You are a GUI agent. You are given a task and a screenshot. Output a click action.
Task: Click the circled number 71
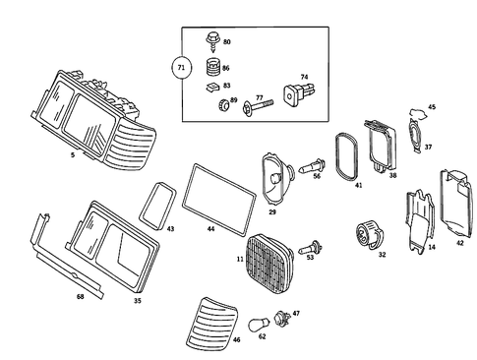click(181, 68)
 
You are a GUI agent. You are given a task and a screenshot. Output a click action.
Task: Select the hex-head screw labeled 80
click(212, 41)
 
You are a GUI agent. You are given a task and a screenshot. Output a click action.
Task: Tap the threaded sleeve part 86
click(213, 68)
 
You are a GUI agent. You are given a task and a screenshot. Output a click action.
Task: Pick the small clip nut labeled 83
click(213, 87)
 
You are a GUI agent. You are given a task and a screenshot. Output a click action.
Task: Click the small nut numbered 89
click(223, 104)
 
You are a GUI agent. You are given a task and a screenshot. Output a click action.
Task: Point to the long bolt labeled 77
click(258, 106)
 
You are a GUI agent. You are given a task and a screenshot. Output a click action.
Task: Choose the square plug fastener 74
click(298, 93)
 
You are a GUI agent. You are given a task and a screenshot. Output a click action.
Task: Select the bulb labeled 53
click(310, 248)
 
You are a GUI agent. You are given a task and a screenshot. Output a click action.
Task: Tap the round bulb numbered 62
click(259, 326)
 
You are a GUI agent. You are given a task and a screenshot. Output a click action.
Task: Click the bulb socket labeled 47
click(282, 318)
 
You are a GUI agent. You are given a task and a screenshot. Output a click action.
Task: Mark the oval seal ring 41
click(346, 156)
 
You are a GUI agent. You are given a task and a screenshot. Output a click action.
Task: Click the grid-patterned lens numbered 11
click(269, 264)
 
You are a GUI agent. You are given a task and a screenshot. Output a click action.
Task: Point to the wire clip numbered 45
click(418, 114)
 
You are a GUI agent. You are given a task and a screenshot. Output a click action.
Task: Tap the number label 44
click(211, 229)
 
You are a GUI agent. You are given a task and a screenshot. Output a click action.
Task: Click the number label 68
click(81, 297)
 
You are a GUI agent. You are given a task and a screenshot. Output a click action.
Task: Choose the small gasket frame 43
click(157, 206)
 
